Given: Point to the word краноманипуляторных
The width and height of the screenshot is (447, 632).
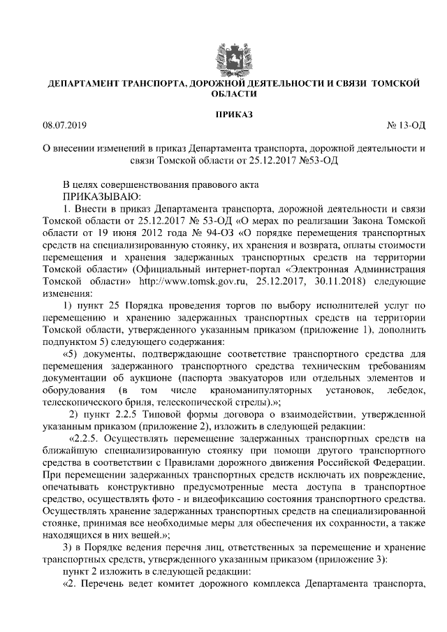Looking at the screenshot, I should (257, 390).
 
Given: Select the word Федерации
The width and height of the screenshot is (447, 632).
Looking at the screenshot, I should (394, 462).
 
